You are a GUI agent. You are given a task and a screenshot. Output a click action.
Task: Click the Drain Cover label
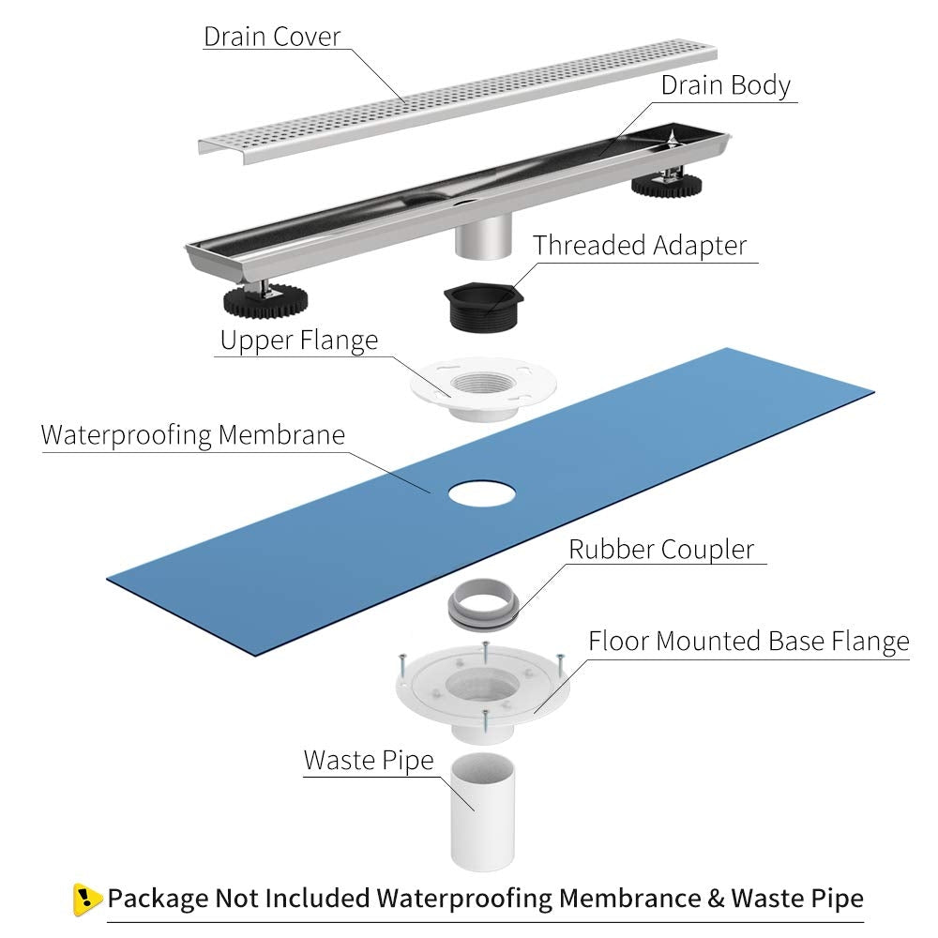coord(272,37)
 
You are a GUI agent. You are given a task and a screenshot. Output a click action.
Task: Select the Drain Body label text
coord(725,85)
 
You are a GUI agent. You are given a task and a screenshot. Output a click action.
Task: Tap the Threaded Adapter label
coord(640,246)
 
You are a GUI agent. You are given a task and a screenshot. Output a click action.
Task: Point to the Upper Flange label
coord(298,340)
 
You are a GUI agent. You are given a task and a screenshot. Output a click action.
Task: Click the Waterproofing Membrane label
coord(193,435)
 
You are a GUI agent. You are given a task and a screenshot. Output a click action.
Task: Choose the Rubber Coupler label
coord(661,549)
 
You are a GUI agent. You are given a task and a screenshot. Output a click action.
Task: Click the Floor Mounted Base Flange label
coord(749,642)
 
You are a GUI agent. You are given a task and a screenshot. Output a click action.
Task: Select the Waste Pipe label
coord(368,760)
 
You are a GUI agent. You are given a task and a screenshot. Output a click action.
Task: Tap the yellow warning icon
coord(86,899)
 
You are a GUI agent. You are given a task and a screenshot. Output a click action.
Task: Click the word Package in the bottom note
coord(158,898)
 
